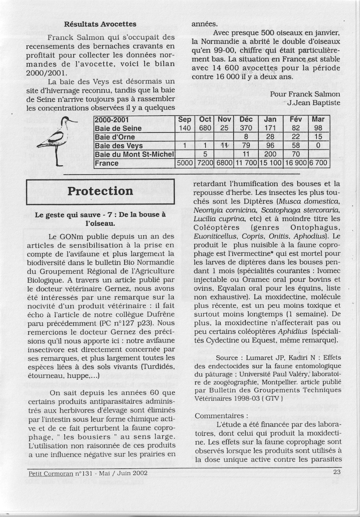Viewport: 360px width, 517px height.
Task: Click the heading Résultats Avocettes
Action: pyautogui.click(x=100, y=24)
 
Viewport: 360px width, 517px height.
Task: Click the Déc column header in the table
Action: pyautogui.click(x=245, y=119)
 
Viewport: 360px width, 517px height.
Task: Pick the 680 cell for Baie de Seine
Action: pyautogui.click(x=205, y=128)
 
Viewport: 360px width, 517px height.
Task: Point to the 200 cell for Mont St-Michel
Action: pyautogui.click(x=270, y=154)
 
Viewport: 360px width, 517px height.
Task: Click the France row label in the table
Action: pyautogui.click(x=107, y=163)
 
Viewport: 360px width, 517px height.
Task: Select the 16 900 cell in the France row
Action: pyautogui.click(x=295, y=163)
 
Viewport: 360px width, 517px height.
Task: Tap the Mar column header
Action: pyautogui.click(x=318, y=119)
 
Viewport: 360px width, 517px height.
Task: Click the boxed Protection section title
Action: pyautogui.click(x=100, y=191)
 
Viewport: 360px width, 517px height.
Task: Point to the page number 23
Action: pyautogui.click(x=337, y=472)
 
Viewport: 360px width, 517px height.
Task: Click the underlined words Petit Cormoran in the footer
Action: pyautogui.click(x=52, y=473)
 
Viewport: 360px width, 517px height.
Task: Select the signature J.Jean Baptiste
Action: pyautogui.click(x=313, y=103)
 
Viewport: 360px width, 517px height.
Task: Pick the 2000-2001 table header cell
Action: pyautogui.click(x=110, y=119)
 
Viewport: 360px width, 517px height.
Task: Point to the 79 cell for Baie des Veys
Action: pyautogui.click(x=245, y=146)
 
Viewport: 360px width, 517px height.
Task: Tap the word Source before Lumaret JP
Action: pyautogui.click(x=227, y=357)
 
